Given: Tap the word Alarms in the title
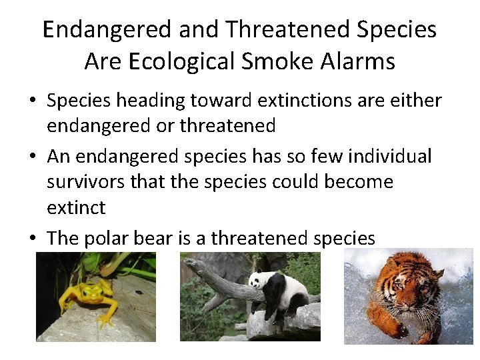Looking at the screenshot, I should click(x=359, y=61).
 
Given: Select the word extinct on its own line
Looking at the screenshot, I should click(x=76, y=208).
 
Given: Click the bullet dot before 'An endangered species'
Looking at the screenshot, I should click(x=32, y=157).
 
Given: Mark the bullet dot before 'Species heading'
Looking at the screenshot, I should click(x=32, y=101).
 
